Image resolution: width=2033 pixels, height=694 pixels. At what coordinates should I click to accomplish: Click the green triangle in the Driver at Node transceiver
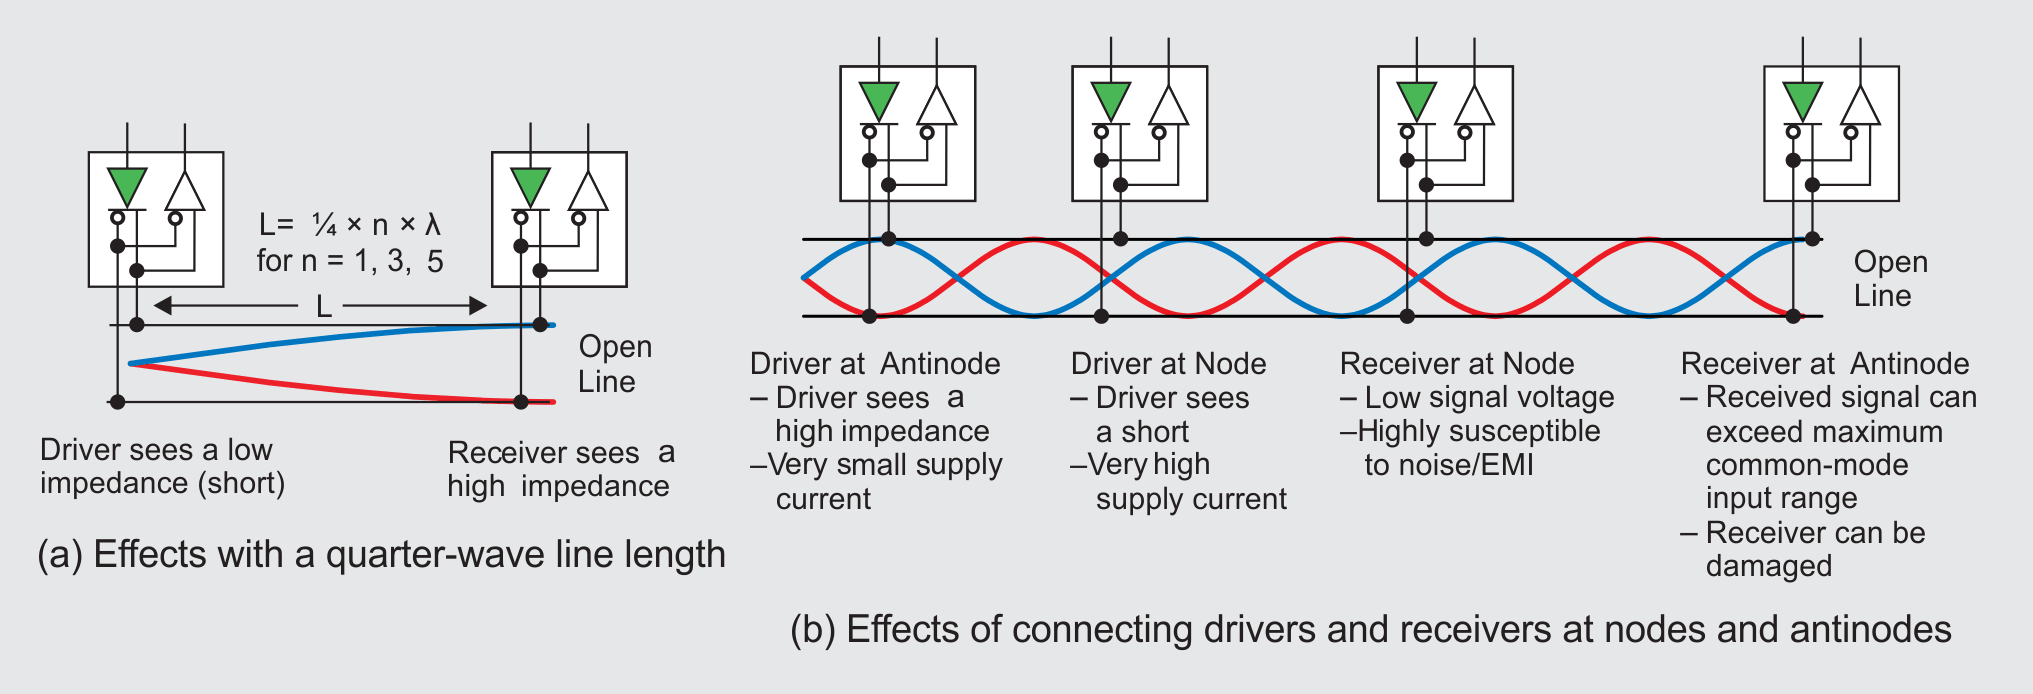pyautogui.click(x=1110, y=100)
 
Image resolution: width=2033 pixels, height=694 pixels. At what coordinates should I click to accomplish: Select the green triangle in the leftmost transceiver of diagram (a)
pyautogui.click(x=127, y=186)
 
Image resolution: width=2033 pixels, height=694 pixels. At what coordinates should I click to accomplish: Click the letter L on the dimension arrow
pyautogui.click(x=323, y=307)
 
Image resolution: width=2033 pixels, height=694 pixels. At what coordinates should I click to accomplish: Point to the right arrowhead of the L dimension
pyautogui.click(x=478, y=305)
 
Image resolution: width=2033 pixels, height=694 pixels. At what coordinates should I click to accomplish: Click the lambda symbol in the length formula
pyautogui.click(x=433, y=224)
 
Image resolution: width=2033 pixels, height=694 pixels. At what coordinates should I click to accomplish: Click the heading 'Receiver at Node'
pyautogui.click(x=1456, y=363)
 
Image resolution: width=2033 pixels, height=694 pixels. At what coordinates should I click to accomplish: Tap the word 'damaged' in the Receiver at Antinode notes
pyautogui.click(x=1768, y=566)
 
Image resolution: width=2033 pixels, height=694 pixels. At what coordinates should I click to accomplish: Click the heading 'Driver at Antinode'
pyautogui.click(x=875, y=363)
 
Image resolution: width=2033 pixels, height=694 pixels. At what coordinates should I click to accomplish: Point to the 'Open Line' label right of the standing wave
pyautogui.click(x=1889, y=278)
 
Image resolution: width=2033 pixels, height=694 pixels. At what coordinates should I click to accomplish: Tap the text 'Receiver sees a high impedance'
pyautogui.click(x=560, y=469)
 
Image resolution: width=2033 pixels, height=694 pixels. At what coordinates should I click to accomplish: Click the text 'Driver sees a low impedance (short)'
pyautogui.click(x=162, y=466)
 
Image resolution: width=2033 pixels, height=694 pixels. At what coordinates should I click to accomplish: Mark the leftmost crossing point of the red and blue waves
pyautogui.click(x=957, y=278)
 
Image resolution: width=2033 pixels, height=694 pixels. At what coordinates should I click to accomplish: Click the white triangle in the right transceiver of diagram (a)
pyautogui.click(x=588, y=192)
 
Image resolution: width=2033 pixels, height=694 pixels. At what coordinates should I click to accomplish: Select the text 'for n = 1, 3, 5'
pyautogui.click(x=349, y=261)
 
